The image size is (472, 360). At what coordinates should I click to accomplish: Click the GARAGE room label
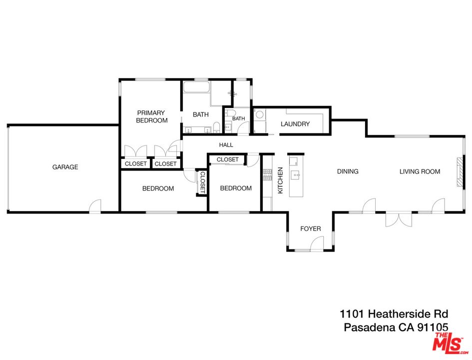[65, 167]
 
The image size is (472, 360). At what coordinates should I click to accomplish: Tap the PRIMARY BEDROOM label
[151, 116]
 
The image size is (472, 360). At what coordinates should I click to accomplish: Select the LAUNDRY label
[295, 124]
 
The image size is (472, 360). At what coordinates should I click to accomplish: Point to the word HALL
[226, 145]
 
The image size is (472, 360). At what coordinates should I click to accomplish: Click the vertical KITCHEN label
[280, 181]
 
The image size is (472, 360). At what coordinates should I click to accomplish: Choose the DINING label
[348, 171]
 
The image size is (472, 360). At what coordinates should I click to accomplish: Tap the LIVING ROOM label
[420, 171]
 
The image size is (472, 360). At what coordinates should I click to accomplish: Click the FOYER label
[310, 228]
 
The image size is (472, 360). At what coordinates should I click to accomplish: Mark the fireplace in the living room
[459, 172]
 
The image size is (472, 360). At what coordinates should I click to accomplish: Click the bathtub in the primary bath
[196, 88]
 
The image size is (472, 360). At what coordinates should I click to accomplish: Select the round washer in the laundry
[260, 114]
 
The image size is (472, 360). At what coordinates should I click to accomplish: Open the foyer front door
[316, 244]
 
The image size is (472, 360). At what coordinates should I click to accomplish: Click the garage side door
[95, 206]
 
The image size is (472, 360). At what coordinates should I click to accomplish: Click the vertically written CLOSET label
[202, 182]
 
